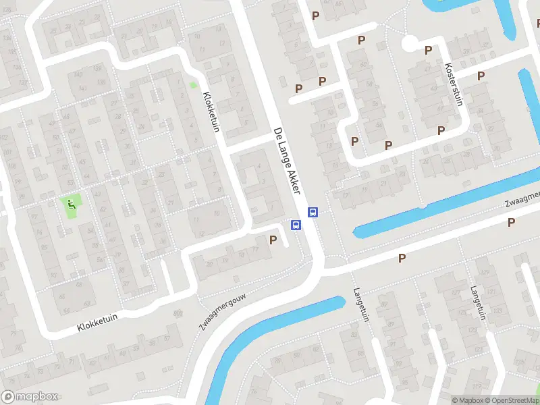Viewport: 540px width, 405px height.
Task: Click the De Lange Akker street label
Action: pyautogui.click(x=286, y=161)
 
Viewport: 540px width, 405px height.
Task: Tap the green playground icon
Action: pyautogui.click(x=71, y=203)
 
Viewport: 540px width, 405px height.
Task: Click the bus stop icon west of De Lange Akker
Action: pyautogui.click(x=296, y=225)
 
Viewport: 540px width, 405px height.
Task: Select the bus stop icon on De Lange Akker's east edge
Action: pyautogui.click(x=313, y=212)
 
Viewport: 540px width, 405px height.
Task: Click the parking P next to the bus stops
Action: pyautogui.click(x=273, y=239)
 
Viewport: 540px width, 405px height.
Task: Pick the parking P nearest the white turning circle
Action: pyautogui.click(x=428, y=49)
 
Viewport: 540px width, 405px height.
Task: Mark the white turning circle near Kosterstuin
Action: pyautogui.click(x=409, y=44)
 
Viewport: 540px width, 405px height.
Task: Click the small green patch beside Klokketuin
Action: pyautogui.click(x=194, y=85)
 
